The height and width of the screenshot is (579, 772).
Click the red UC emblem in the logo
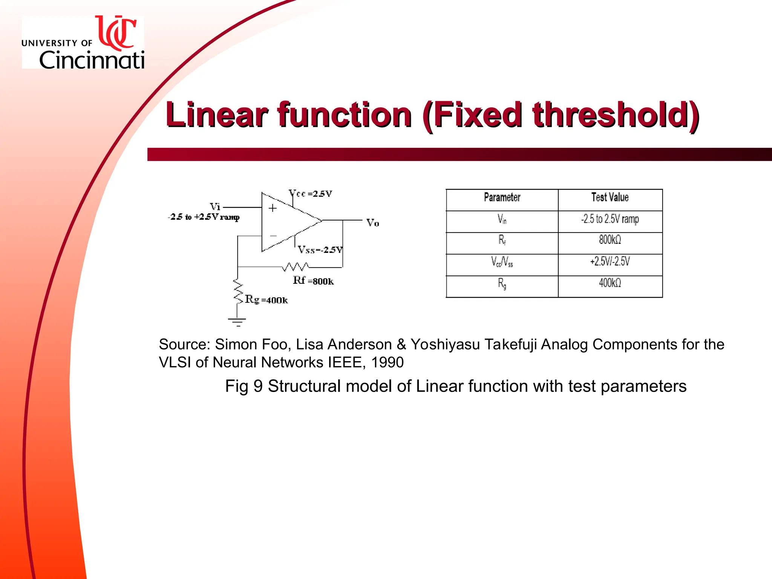tap(116, 33)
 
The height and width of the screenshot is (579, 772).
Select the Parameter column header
tap(502, 198)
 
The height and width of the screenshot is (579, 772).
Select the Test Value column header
tap(610, 198)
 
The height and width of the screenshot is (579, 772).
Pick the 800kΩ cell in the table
tap(610, 240)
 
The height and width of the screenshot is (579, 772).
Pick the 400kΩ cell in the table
tap(610, 283)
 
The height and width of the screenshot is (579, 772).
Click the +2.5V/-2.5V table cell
tap(610, 262)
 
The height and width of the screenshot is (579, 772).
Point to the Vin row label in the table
tap(502, 219)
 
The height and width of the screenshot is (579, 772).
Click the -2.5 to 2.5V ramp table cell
tap(610, 219)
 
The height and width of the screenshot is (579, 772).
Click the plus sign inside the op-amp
tap(273, 208)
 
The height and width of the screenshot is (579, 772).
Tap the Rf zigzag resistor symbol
tap(296, 267)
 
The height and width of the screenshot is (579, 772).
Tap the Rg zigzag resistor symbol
tap(238, 291)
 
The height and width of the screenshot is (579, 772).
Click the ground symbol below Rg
tap(237, 322)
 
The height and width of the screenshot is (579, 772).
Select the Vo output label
tap(372, 223)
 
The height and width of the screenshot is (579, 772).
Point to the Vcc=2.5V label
tap(310, 194)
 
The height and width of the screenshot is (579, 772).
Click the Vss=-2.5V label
tap(320, 250)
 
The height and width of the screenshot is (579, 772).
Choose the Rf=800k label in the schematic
tap(313, 281)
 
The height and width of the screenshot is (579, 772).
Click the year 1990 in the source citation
tap(387, 363)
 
